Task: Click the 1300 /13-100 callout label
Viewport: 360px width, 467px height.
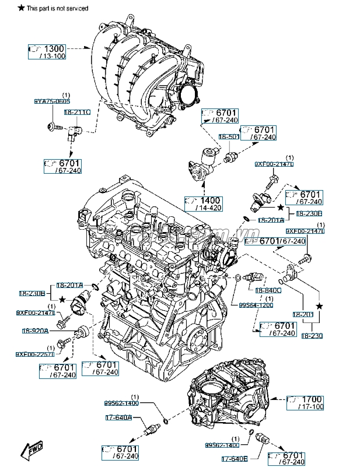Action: [47, 51]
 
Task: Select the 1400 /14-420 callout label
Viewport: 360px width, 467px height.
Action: [204, 203]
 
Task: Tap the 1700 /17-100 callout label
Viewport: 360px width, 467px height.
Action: [306, 402]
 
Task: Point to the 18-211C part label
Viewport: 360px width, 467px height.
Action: [77, 111]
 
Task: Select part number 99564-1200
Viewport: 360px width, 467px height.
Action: [256, 305]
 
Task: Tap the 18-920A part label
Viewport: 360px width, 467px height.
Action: [36, 331]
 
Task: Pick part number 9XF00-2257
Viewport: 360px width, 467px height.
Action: [34, 354]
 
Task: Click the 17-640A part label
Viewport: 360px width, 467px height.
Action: [118, 417]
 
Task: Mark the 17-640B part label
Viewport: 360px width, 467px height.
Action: [234, 457]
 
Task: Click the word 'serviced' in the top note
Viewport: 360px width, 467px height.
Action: [76, 8]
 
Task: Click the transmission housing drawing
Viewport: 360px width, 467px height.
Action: [230, 396]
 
